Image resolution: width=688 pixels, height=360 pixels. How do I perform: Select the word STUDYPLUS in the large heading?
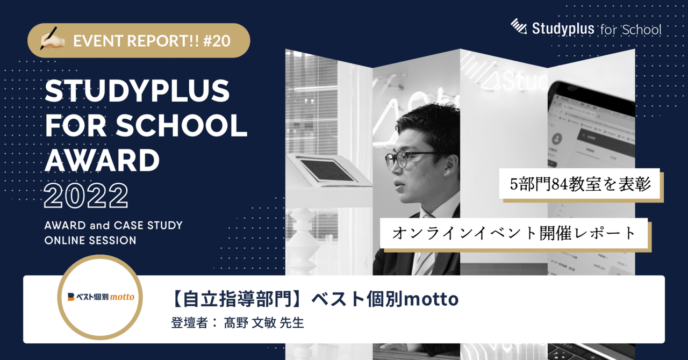click(x=137, y=93)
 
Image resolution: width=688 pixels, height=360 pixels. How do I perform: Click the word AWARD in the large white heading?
click(x=102, y=160)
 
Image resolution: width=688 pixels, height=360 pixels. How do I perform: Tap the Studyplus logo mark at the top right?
click(x=519, y=26)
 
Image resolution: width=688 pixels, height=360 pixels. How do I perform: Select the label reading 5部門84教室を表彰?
click(x=580, y=185)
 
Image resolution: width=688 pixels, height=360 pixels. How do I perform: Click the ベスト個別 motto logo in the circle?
click(x=101, y=297)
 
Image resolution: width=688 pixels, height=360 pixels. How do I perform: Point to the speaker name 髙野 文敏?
click(x=253, y=324)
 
